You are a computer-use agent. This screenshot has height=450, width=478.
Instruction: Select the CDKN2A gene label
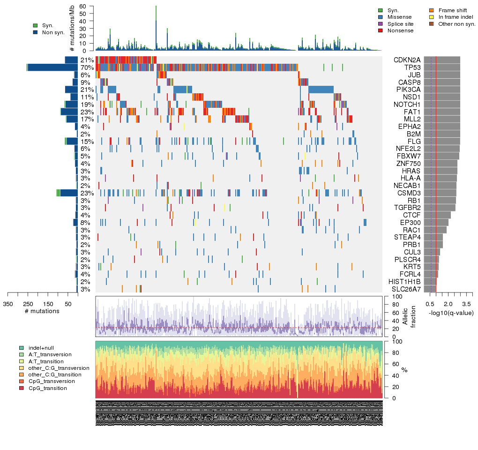[404, 60]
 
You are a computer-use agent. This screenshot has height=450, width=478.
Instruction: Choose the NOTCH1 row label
[406, 105]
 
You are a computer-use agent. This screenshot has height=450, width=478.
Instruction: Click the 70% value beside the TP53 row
[87, 67]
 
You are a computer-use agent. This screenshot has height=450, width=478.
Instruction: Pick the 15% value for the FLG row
[87, 142]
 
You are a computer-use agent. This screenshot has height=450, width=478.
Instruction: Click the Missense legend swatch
[381, 17]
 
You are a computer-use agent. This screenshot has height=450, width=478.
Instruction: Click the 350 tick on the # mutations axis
[8, 304]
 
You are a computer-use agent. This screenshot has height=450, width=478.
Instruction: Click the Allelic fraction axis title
[410, 316]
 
